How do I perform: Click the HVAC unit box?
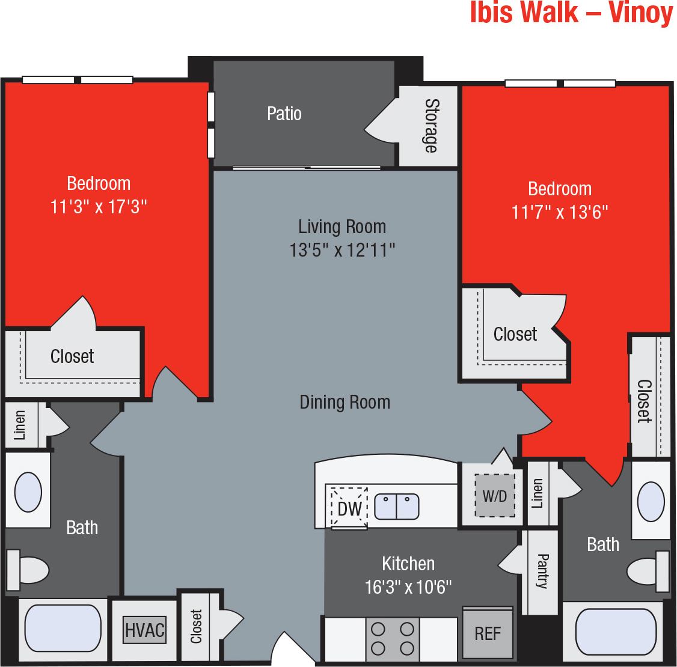point(144,630)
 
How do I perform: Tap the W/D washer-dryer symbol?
point(495,496)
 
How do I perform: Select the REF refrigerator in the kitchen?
point(488,633)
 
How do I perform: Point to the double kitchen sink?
point(396,507)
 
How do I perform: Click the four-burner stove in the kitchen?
point(393,639)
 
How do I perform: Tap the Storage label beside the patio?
point(431,125)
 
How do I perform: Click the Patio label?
point(284,114)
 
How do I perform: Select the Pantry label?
point(541,571)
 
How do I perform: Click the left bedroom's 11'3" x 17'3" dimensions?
point(99,207)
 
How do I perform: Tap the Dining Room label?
point(345,402)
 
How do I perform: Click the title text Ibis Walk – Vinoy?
point(571,14)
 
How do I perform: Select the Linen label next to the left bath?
point(19,425)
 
